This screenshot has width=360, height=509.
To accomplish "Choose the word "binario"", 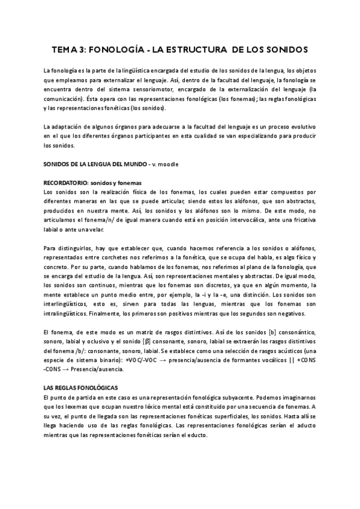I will tap(104, 360).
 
